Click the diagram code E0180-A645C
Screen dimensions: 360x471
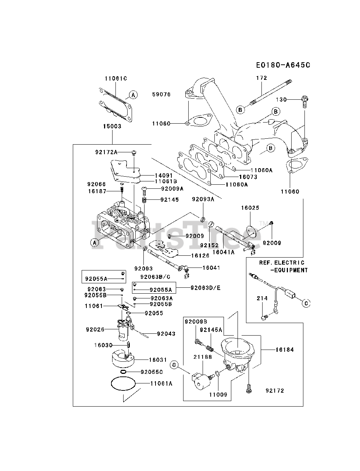pyautogui.click(x=283, y=65)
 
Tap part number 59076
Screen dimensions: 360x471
pyautogui.click(x=161, y=95)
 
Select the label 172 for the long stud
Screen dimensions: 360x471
pyautogui.click(x=261, y=78)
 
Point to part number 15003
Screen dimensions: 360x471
pyautogui.click(x=112, y=126)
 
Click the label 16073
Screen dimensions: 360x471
pyautogui.click(x=248, y=177)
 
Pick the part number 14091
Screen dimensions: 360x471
pyautogui.click(x=164, y=175)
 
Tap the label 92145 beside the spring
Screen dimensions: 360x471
pyautogui.click(x=170, y=199)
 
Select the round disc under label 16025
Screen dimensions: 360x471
pyautogui.click(x=251, y=231)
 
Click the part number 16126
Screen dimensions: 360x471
pyautogui.click(x=200, y=256)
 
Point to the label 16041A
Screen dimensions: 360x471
pyautogui.click(x=224, y=252)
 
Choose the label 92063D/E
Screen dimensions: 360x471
pyautogui.click(x=206, y=288)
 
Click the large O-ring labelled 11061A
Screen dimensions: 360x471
pyautogui.click(x=123, y=383)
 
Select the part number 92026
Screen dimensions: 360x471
pyautogui.click(x=95, y=329)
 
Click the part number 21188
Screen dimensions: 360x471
pyautogui.click(x=203, y=357)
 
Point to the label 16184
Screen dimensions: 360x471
pyautogui.click(x=285, y=350)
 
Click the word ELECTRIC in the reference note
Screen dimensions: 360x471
pyautogui.click(x=289, y=263)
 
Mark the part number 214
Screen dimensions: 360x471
pyautogui.click(x=262, y=298)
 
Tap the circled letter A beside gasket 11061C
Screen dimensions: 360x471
pyautogui.click(x=133, y=95)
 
